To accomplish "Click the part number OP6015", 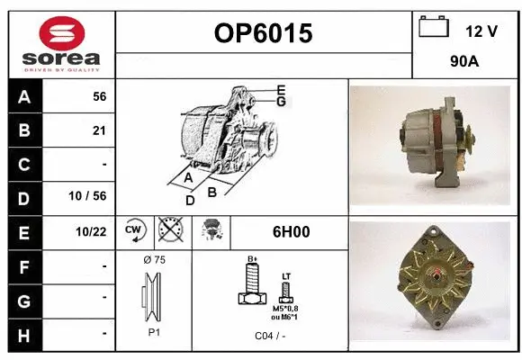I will [264, 33].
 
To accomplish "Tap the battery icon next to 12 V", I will [434, 28].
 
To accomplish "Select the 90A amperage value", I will [464, 64].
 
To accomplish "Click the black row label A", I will [23, 96].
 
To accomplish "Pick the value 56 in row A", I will [99, 96].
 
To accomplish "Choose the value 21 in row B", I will [99, 130].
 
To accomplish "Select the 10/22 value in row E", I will [93, 232].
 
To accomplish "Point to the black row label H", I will [23, 333].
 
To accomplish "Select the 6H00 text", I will [291, 231].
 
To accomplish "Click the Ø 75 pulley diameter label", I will [154, 260].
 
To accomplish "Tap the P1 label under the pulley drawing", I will [153, 332].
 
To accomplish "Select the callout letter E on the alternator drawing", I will [281, 89].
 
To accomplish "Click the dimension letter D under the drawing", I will [190, 200].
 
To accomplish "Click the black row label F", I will [23, 265].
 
